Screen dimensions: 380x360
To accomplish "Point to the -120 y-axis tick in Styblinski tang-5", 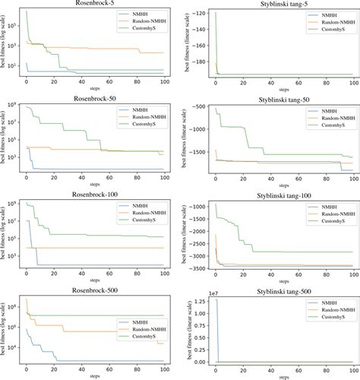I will [x=198, y=14].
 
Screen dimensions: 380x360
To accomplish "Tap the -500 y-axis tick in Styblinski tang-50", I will [x=198, y=107].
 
